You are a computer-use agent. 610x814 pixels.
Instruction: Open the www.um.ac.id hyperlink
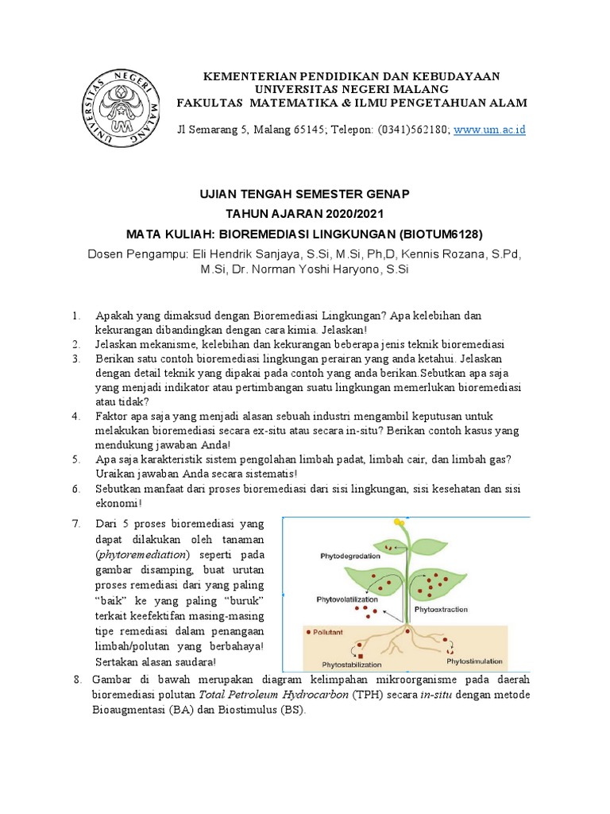[x=490, y=130]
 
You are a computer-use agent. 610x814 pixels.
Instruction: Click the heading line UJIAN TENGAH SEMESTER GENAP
[x=304, y=194]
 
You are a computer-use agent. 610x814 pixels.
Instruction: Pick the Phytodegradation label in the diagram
[x=349, y=556]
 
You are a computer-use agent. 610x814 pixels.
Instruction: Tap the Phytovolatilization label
[x=347, y=599]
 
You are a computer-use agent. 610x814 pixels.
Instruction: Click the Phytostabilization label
[x=351, y=664]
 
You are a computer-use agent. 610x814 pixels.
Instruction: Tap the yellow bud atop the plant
[x=398, y=521]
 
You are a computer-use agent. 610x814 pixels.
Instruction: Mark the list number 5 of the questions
[x=75, y=459]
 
